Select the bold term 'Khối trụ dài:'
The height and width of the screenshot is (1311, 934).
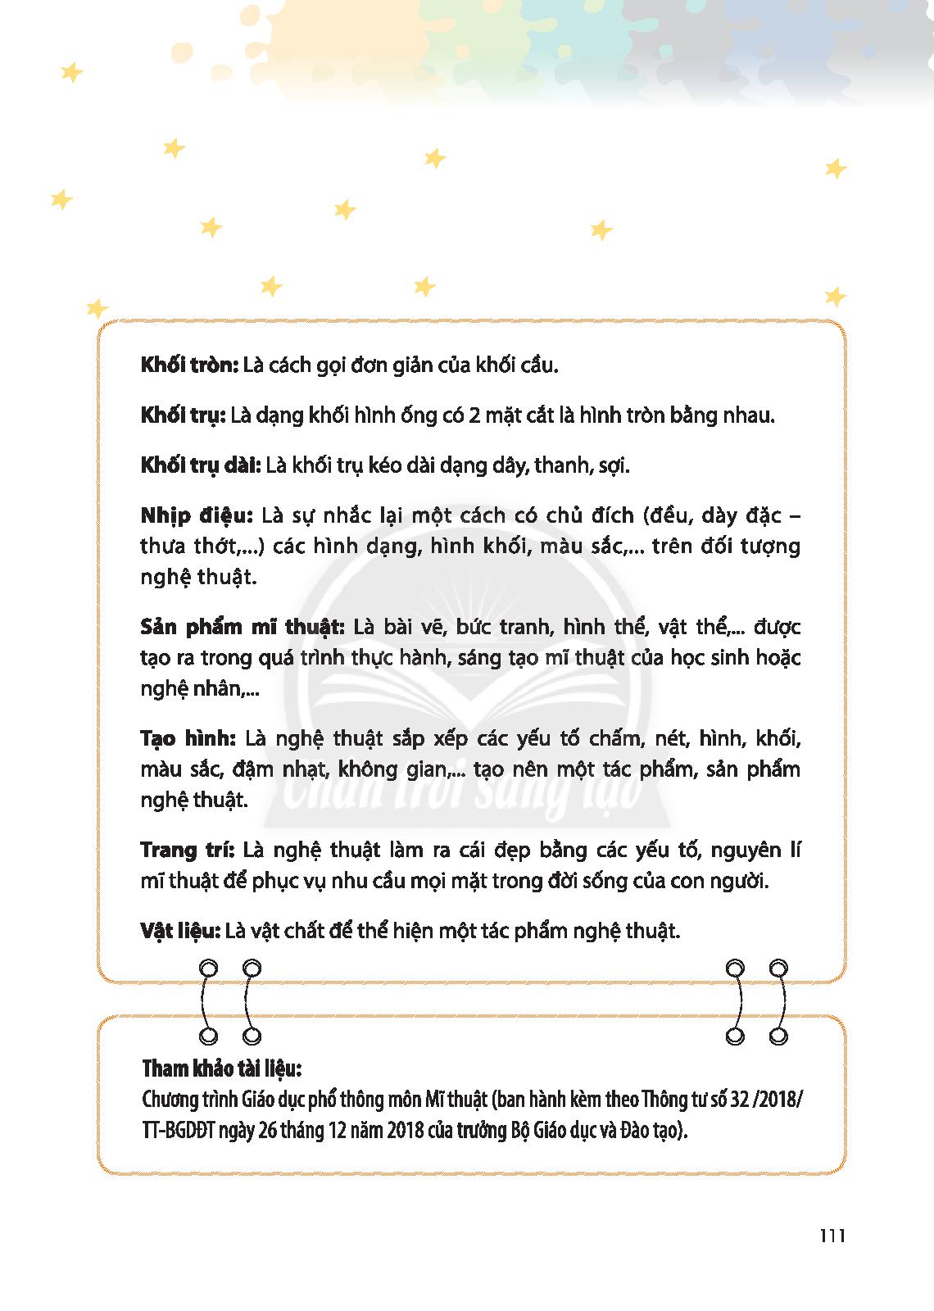pyautogui.click(x=200, y=466)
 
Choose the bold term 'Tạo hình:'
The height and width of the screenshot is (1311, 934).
pyautogui.click(x=188, y=739)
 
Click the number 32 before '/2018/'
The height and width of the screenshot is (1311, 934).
pyautogui.click(x=744, y=1099)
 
